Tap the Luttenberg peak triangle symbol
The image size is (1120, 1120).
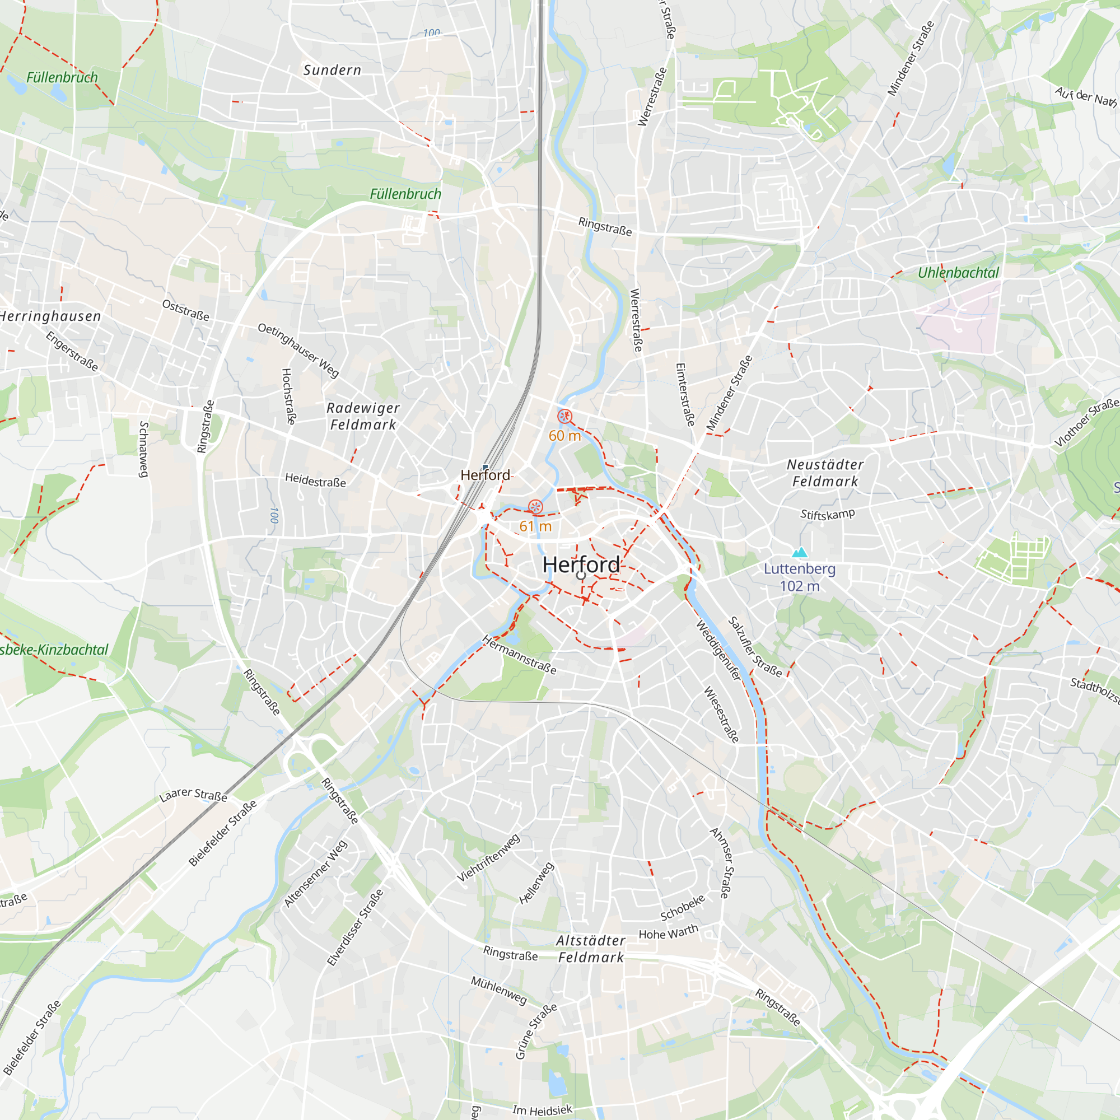(x=800, y=552)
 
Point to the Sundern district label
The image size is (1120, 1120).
(x=332, y=70)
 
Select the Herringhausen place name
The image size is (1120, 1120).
(x=50, y=316)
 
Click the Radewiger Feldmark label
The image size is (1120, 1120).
(x=363, y=416)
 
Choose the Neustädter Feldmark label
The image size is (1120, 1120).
(x=825, y=473)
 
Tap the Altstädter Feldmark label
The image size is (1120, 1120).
(x=591, y=949)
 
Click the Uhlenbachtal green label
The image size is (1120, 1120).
(x=958, y=273)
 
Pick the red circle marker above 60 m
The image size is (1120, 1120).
(x=564, y=416)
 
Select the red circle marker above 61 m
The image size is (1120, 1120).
(x=536, y=507)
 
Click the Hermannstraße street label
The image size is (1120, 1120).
(x=520, y=655)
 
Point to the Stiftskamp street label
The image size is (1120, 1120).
(x=827, y=514)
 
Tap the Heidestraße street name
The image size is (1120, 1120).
(x=315, y=480)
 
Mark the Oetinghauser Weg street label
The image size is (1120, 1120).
(x=298, y=350)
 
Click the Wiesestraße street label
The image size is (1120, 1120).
(x=721, y=714)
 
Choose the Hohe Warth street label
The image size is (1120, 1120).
(x=668, y=932)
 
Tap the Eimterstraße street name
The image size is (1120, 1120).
(x=685, y=395)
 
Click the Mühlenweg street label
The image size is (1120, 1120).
(x=498, y=990)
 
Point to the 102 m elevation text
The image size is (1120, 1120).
(x=800, y=586)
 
